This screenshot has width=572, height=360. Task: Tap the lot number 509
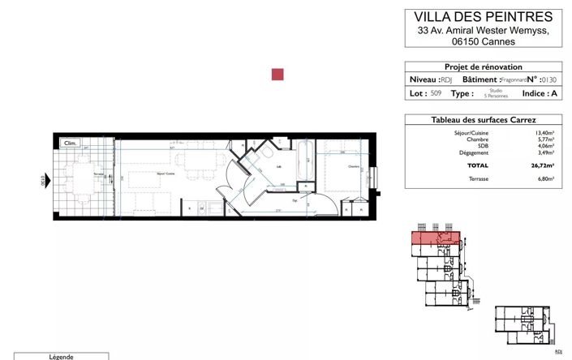pos(436,94)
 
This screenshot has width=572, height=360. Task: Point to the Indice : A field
pos(539,94)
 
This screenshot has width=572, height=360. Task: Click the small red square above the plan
pos(277,75)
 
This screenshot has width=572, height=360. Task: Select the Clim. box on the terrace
pos(71,144)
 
